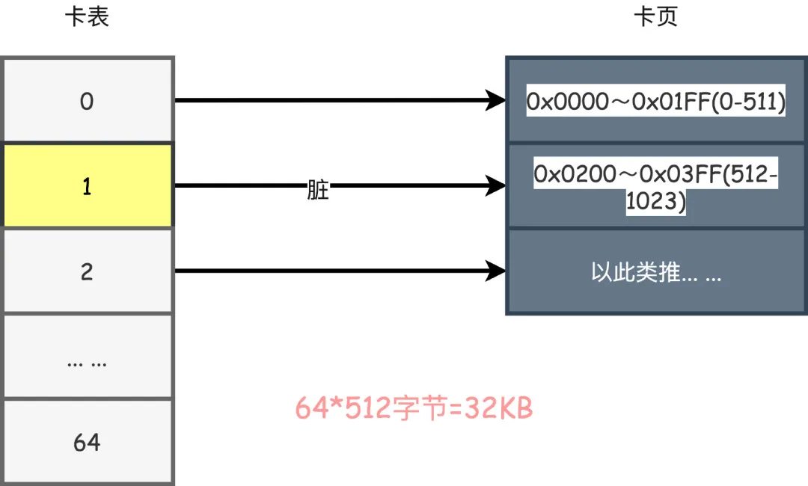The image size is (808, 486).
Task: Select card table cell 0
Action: (x=88, y=101)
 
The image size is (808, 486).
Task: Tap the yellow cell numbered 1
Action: (x=88, y=186)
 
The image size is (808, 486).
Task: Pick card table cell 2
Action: (x=88, y=271)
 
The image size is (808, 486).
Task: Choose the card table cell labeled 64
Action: (x=88, y=443)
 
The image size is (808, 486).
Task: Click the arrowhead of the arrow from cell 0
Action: (x=495, y=99)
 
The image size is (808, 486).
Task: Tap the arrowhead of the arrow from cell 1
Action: (x=495, y=185)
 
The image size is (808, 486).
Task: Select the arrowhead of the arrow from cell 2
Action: (x=495, y=271)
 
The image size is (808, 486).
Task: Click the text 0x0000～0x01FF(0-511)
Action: (x=656, y=102)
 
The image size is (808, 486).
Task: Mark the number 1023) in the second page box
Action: (x=656, y=202)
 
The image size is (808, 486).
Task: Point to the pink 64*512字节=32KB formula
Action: (x=414, y=408)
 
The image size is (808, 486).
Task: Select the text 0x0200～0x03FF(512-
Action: (x=656, y=174)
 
